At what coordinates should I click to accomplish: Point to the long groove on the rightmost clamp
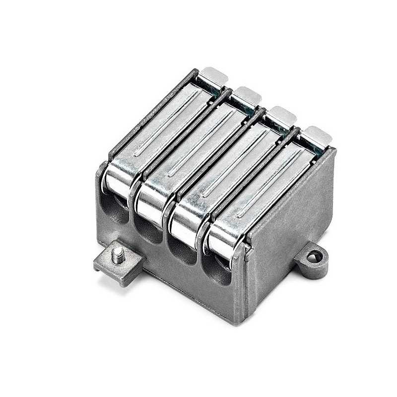(268, 186)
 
